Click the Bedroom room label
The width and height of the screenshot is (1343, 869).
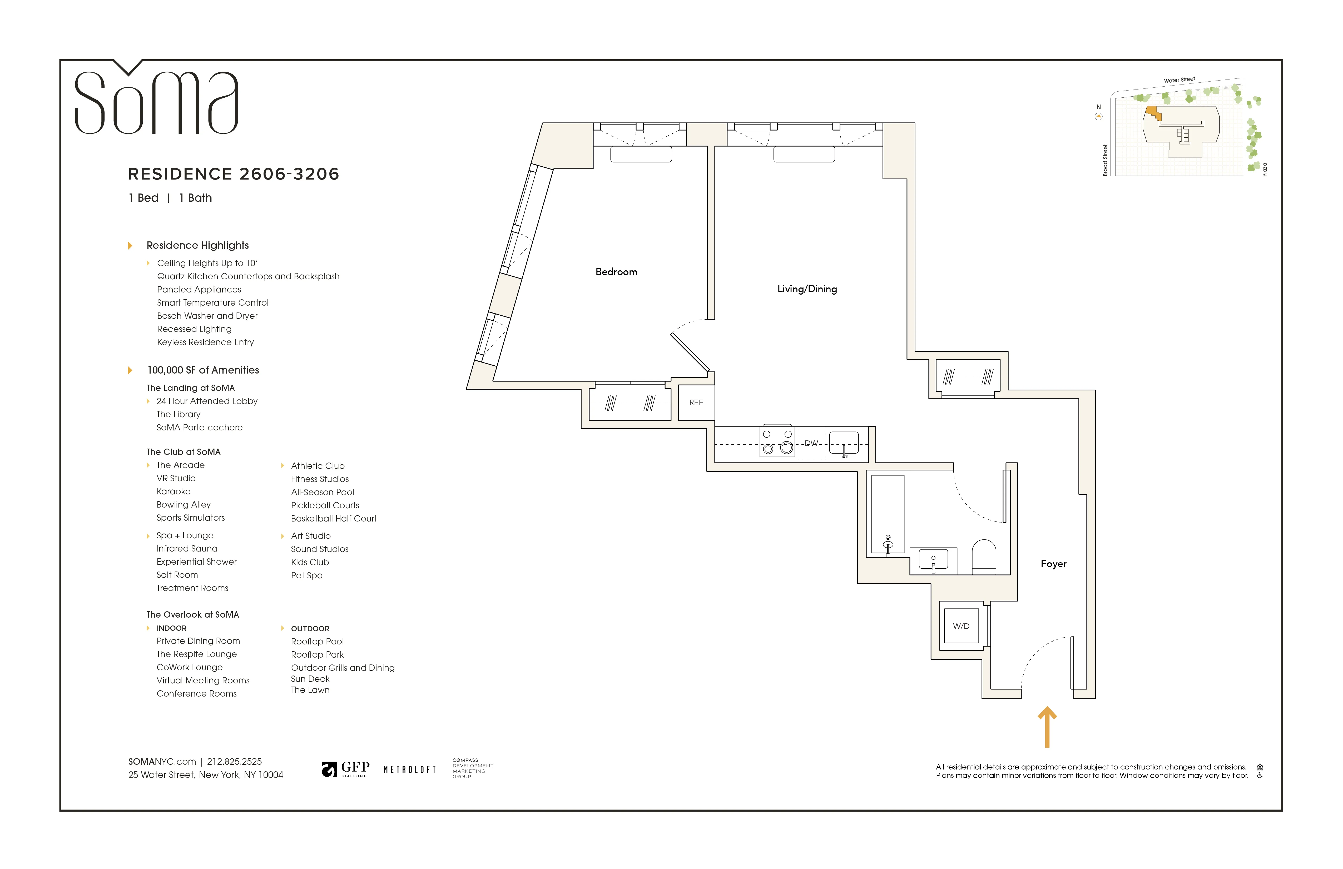(616, 272)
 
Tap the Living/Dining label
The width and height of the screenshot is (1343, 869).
(807, 289)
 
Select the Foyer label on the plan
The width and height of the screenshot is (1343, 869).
(1053, 564)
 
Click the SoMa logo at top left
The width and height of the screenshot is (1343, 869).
(156, 102)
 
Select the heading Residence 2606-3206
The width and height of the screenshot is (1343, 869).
(234, 174)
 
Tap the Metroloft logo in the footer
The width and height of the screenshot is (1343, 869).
(410, 770)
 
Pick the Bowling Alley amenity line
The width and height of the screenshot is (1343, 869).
(184, 504)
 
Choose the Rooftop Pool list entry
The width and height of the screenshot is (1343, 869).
(317, 642)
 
